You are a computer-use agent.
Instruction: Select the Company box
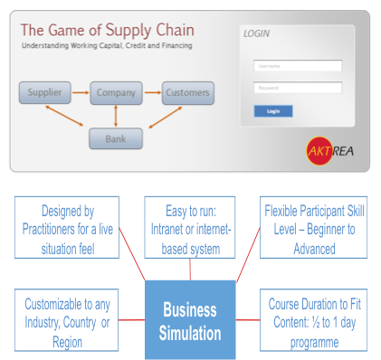[x=116, y=92]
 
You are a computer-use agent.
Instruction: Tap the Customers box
[x=187, y=92]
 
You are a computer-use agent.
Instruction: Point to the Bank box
[x=116, y=137]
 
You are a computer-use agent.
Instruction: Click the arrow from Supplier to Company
[x=79, y=92]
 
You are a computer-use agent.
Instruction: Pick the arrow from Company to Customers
[x=151, y=92]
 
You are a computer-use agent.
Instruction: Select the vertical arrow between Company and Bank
[x=116, y=115]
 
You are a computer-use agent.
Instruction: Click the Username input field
[x=298, y=65]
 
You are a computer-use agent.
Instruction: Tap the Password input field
[x=298, y=88]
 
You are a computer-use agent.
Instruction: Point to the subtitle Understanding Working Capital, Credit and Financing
[x=107, y=44]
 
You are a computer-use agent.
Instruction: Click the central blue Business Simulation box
[x=190, y=319]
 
